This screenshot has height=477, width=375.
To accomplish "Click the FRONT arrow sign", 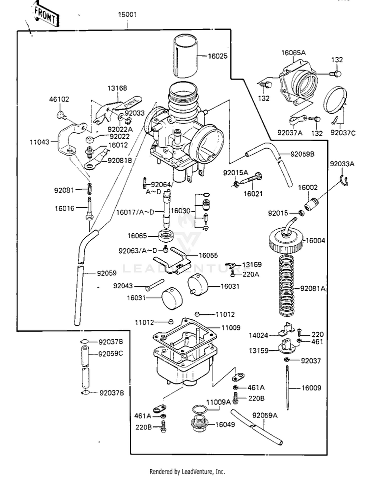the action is (45, 15).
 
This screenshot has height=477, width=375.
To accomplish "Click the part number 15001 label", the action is (127, 15).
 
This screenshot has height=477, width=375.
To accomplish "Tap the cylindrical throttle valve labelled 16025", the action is (186, 56).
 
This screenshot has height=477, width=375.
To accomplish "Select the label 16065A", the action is (293, 53).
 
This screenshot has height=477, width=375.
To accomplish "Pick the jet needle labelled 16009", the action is (287, 387).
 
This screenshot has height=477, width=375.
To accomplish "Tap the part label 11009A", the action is (218, 402).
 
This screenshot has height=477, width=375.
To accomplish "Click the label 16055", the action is (208, 255).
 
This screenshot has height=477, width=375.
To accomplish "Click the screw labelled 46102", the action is (61, 115).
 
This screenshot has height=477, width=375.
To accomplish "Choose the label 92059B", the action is (302, 154).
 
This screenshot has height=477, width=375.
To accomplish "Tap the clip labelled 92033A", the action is (344, 180).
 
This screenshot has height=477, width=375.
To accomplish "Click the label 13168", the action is (117, 88).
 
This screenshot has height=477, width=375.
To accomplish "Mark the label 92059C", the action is (110, 354).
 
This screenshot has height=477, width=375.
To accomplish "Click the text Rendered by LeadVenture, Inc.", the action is (187, 471).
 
